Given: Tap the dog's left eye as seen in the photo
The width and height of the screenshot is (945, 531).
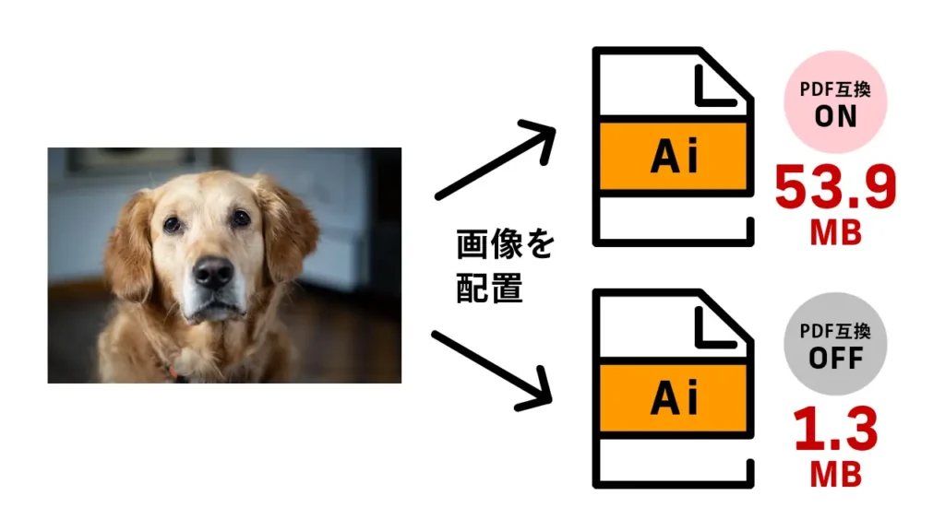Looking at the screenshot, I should [x=173, y=223].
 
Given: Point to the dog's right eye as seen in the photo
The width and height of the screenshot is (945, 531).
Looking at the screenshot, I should [x=241, y=218].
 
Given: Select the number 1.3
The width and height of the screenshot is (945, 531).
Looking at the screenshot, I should [x=835, y=431].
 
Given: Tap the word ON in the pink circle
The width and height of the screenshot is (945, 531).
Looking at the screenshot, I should [x=835, y=116].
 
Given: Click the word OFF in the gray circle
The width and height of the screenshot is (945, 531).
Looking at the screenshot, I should [x=835, y=358].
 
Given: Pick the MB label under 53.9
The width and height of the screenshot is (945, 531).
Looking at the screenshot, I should [x=835, y=234].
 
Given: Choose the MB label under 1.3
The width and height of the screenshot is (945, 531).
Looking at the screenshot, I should [x=835, y=475].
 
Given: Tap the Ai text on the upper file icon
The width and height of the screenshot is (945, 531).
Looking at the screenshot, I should [x=675, y=158].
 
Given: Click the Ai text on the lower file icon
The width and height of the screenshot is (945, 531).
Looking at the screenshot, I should [x=675, y=399].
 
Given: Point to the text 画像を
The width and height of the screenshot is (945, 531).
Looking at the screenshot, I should [x=506, y=246].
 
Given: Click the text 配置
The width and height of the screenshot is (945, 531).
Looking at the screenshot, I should [x=490, y=289].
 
